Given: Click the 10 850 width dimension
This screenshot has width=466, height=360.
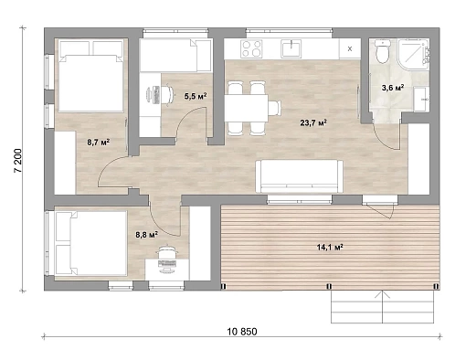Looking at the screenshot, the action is pos(242,332).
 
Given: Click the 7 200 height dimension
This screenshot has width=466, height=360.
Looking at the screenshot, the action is pos(18,161).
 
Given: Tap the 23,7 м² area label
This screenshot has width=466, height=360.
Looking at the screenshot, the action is pos(313,122).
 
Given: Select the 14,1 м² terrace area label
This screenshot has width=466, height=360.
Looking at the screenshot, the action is pos(330,247).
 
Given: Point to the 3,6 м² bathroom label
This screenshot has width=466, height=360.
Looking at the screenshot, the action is pos(393,88).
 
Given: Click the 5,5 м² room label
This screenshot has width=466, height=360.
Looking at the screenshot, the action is pos(196,96).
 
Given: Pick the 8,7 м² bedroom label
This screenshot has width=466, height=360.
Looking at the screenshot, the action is pos(99,142).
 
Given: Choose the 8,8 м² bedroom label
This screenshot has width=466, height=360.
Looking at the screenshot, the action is pos(146,235).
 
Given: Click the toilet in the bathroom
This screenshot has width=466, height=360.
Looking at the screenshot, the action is pos(383,51).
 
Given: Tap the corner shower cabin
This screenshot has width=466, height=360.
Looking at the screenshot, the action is pos(413,55).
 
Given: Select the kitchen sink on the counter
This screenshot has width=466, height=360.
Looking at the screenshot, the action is pos(291,48).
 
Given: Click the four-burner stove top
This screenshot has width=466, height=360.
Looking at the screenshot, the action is pos(251,48).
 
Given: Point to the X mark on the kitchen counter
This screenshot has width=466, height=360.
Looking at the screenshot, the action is pos(350,48).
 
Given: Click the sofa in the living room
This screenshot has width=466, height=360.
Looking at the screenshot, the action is pos(299,176).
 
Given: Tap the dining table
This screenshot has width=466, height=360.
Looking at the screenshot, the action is pos(247,108).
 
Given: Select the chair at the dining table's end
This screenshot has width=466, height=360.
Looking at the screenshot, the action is pos(274,108).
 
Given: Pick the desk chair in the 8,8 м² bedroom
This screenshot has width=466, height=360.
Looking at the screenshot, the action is pos(166,251).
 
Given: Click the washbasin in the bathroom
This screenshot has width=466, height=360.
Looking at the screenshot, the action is pos(421,99).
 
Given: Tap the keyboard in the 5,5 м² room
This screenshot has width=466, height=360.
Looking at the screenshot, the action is pos(156,94).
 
